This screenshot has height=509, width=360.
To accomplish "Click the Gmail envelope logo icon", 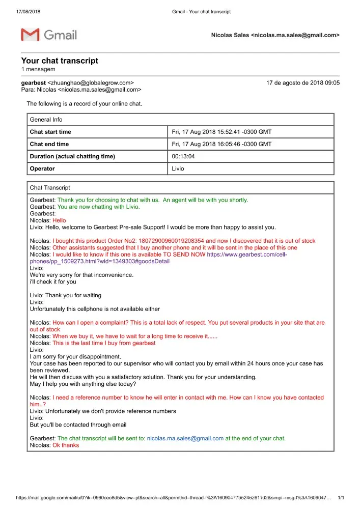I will pyautogui.click(x=30, y=35).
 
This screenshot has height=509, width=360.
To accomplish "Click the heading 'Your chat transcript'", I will pyautogui.click(x=60, y=61).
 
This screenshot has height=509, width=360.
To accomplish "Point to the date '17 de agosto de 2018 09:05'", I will pyautogui.click(x=302, y=82).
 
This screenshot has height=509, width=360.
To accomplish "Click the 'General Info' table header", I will pyautogui.click(x=46, y=120).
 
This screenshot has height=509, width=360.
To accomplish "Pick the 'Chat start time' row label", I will pyautogui.click(x=50, y=132).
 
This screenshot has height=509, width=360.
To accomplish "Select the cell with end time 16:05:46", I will pyautogui.click(x=221, y=144).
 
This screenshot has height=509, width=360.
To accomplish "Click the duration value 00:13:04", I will pyautogui.click(x=183, y=156).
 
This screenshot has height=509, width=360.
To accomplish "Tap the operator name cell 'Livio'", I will pyautogui.click(x=178, y=168).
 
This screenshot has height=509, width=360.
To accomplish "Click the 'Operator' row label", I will pyautogui.click(x=42, y=168).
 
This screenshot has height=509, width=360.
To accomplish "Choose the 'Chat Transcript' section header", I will pyautogui.click(x=50, y=188).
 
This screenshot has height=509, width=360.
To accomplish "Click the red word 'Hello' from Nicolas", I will pyautogui.click(x=59, y=220).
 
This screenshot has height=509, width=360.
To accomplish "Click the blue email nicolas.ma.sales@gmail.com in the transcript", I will pyautogui.click(x=185, y=438).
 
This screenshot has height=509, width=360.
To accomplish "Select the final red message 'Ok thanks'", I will pyautogui.click(x=66, y=445).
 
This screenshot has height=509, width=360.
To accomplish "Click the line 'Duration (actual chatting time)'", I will pyautogui.click(x=72, y=156).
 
